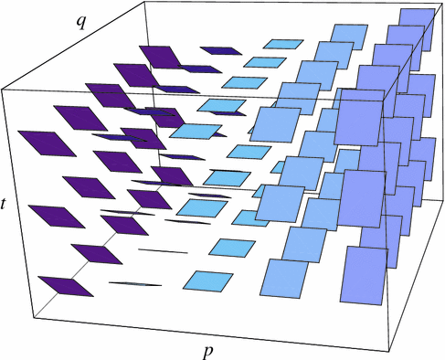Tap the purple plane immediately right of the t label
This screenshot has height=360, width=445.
click(50, 217)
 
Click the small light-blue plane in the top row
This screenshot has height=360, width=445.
click(285, 43)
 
